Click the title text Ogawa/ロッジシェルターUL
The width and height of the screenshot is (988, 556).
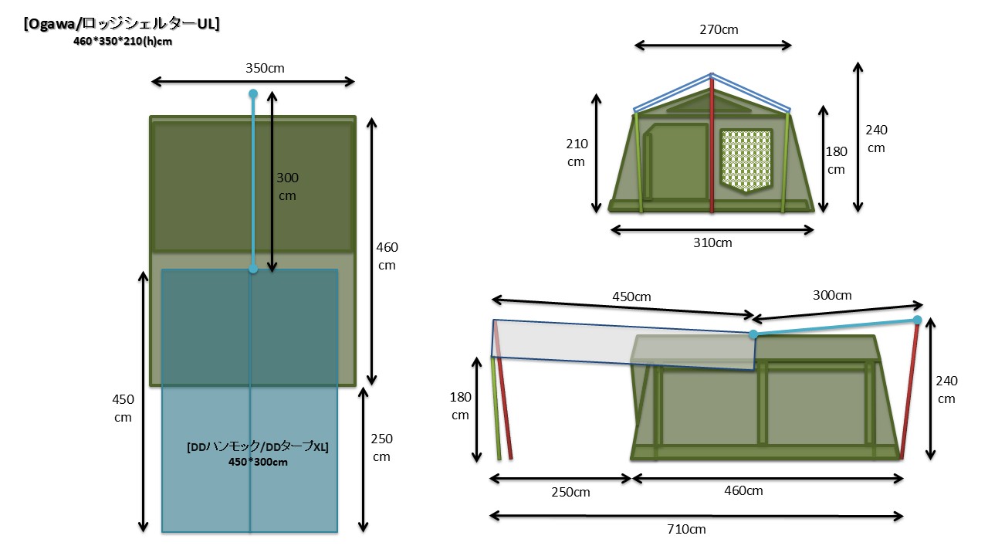click(122, 24)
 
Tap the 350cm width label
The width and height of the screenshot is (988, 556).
click(265, 68)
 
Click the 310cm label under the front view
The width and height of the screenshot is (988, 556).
click(712, 242)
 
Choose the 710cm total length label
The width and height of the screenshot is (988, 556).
click(686, 529)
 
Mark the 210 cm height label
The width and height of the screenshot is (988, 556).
click(577, 153)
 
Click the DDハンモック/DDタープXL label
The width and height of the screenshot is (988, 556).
click(257, 447)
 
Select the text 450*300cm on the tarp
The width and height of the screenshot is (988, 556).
click(257, 462)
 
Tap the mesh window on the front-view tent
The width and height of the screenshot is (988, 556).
click(746, 160)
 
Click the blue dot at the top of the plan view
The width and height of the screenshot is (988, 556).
click(252, 94)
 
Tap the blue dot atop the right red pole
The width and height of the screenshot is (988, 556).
click(917, 320)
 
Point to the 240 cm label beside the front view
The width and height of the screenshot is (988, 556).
click(876, 139)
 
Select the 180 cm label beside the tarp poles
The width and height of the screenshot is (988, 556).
click(460, 405)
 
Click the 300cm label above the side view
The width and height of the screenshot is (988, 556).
click(832, 296)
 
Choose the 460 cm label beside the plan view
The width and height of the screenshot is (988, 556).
click(387, 256)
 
